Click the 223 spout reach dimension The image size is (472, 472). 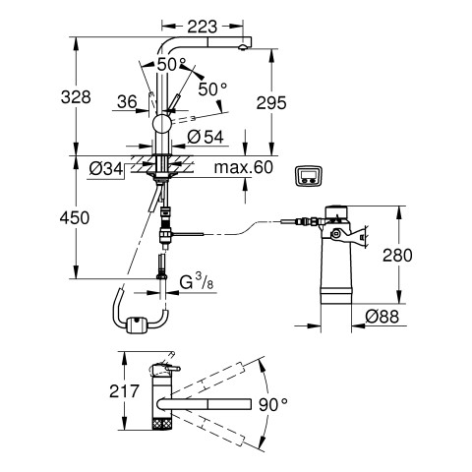pos(202,27)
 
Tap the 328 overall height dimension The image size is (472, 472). pos(76,97)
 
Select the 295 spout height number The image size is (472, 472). pos(271,103)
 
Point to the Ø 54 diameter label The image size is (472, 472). pos(206,137)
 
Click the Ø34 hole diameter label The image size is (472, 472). pos(106,169)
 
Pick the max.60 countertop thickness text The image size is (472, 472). pos(243,167)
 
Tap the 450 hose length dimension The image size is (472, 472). pos(75,217)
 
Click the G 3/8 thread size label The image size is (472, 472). pos(197,282)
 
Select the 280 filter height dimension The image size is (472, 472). pos(397,256)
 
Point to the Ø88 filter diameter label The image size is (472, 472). pos(383,317)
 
